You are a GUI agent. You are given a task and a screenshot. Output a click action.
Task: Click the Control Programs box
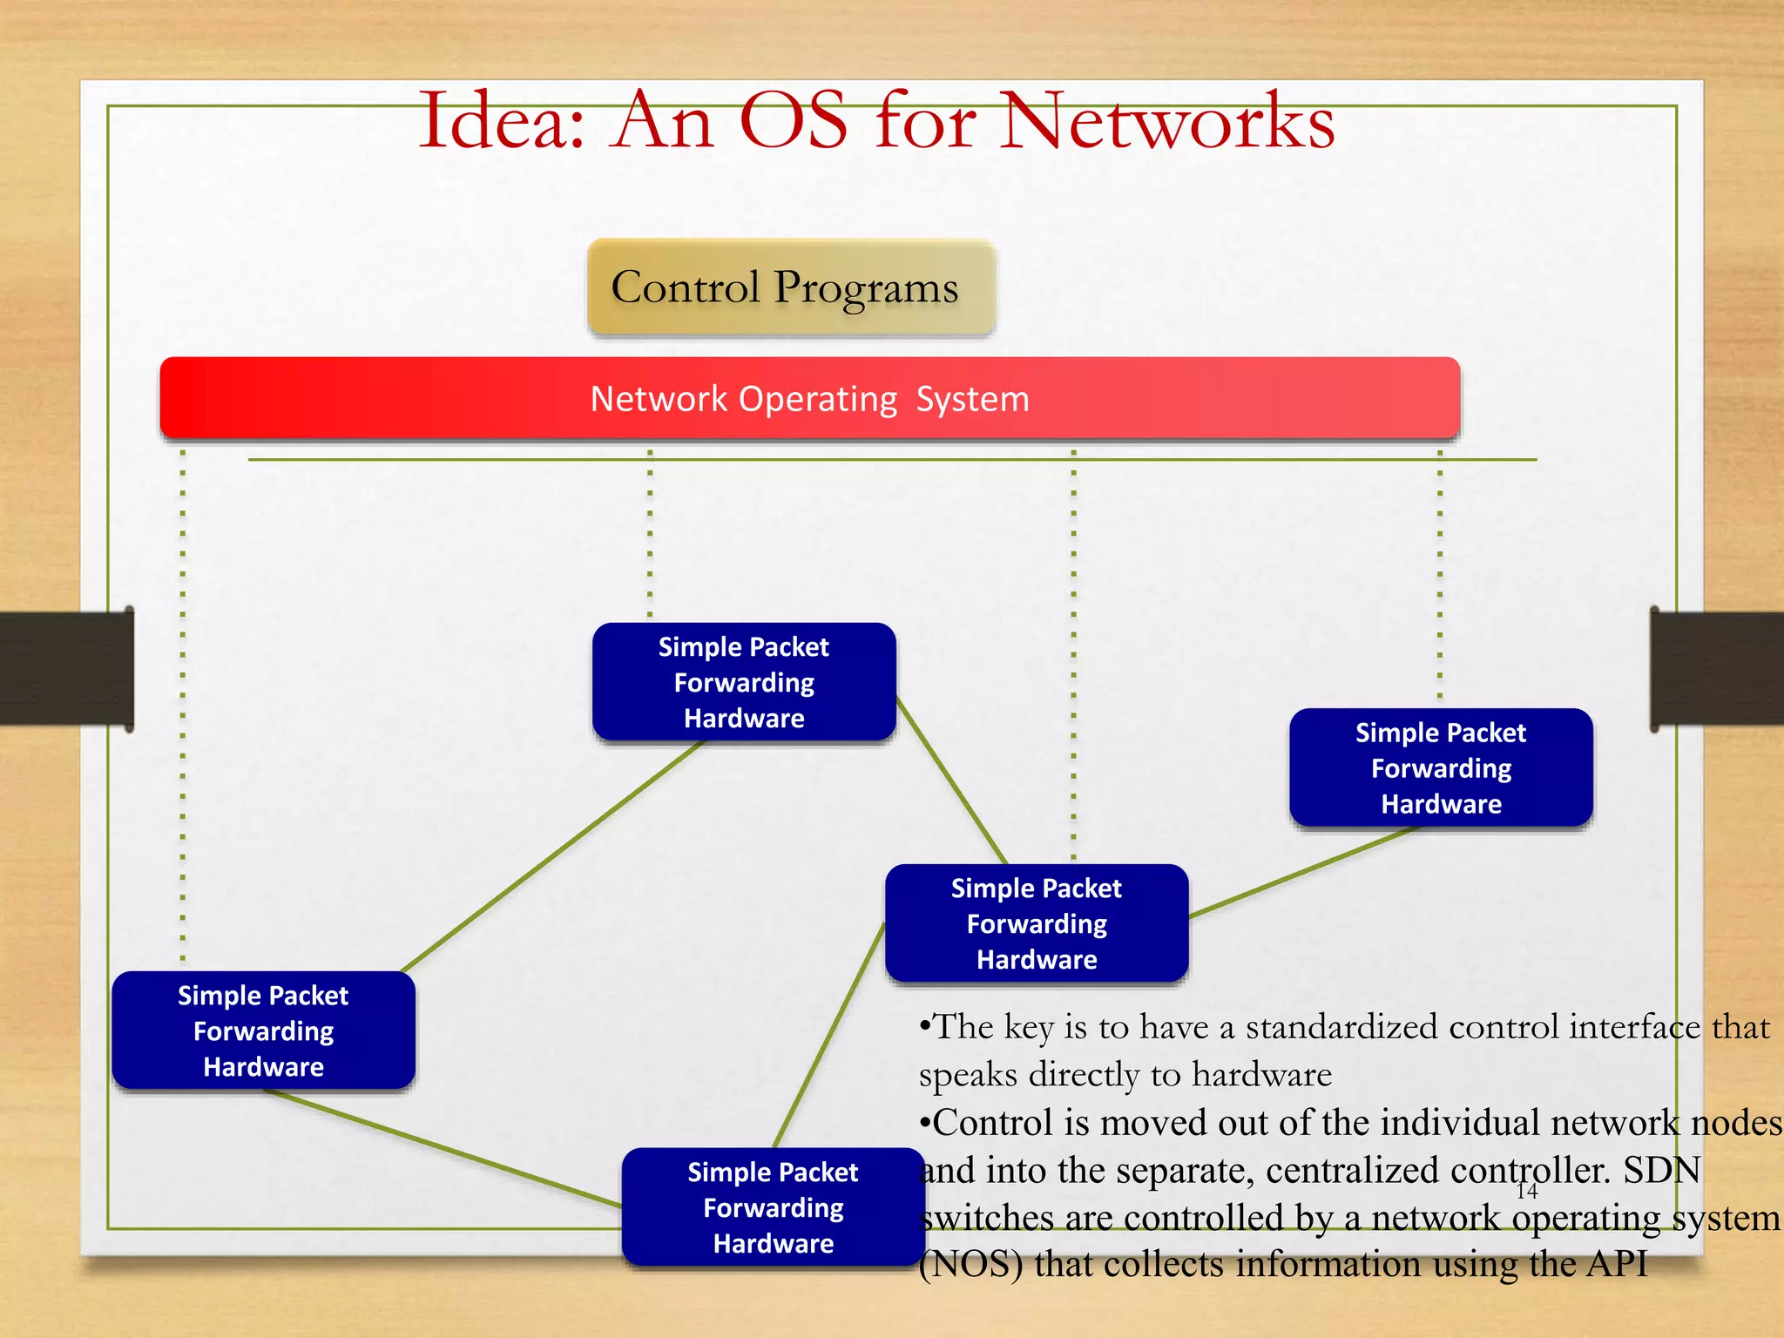pos(791,287)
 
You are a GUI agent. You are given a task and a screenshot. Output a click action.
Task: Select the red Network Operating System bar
pos(810,398)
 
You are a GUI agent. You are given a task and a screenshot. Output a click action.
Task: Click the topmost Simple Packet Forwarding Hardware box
pos(744,682)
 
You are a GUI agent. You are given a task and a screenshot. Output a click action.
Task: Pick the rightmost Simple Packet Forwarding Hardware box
pos(1441,767)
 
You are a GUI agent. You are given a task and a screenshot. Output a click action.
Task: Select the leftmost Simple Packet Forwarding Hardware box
pos(263,1031)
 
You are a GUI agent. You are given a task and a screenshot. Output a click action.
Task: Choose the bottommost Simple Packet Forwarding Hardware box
pos(773,1207)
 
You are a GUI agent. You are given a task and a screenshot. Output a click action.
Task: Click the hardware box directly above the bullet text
pos(1037,923)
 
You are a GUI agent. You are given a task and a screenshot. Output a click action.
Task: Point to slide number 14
pos(1527,1191)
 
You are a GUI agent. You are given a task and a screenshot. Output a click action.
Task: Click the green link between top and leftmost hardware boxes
pos(552,856)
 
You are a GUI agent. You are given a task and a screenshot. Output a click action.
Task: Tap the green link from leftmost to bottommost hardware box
pos(444,1148)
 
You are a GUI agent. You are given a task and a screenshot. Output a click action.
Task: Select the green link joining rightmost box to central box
pos(1302,871)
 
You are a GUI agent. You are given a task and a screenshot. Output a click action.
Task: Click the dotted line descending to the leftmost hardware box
pos(183,697)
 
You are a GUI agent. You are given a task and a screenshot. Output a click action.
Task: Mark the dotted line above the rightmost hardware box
pos(1440,575)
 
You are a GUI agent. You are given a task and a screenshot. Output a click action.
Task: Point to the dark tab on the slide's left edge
pos(65,668)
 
